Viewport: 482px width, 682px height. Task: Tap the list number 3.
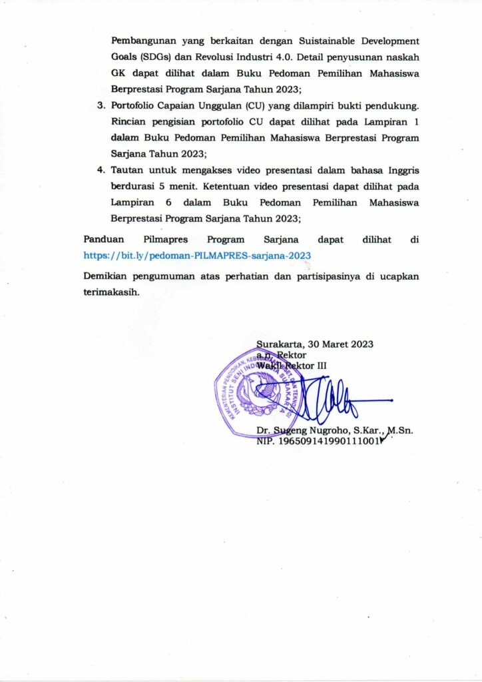point(101,107)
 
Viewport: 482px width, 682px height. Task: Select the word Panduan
point(104,239)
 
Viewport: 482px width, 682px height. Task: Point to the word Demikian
point(107,276)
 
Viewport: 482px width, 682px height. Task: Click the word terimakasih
point(111,292)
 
